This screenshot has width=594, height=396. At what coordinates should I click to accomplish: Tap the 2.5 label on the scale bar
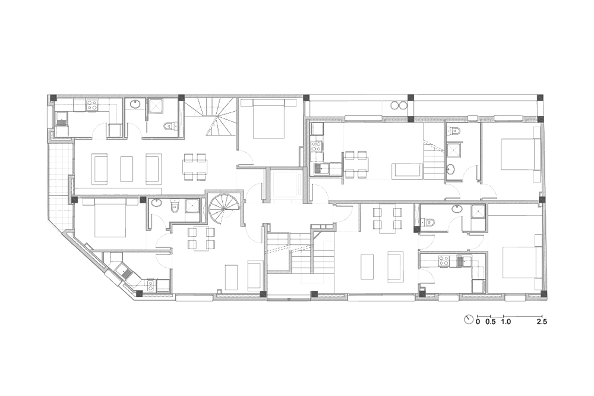(542, 322)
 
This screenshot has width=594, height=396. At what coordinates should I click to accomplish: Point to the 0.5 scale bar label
(491, 322)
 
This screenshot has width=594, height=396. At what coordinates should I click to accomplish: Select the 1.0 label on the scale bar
(505, 322)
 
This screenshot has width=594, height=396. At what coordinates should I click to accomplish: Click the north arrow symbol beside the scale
(469, 319)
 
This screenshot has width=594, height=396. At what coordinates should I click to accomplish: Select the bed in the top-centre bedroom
(263, 118)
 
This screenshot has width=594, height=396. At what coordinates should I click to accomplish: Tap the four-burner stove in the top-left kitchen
(91, 106)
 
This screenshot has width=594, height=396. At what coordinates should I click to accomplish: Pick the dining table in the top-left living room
(195, 167)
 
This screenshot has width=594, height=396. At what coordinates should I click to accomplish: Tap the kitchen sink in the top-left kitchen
(61, 120)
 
